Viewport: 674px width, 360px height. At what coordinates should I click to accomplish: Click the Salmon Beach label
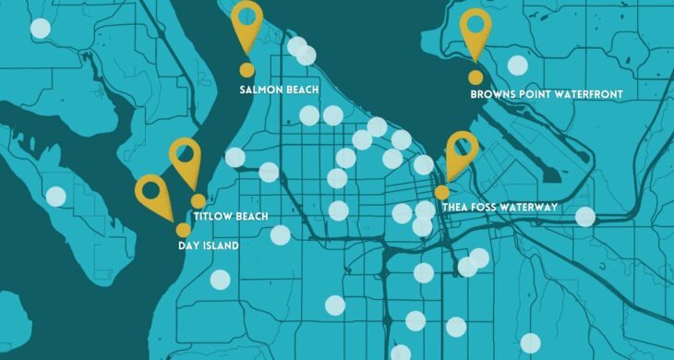(279, 90)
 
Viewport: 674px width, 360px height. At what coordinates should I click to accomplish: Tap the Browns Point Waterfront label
(547, 94)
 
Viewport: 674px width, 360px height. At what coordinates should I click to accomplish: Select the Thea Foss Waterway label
(499, 208)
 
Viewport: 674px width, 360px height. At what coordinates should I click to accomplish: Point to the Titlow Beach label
(231, 217)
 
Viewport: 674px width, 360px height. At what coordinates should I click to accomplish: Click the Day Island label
(208, 246)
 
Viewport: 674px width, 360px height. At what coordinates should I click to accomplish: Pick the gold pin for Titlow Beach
(185, 159)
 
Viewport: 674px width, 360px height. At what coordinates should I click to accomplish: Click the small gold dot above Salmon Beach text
(247, 70)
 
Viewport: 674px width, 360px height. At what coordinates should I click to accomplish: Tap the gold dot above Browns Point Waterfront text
(475, 78)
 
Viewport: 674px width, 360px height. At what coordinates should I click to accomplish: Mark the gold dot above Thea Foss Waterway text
(442, 192)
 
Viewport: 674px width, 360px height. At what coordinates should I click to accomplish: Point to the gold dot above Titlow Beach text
(198, 201)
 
